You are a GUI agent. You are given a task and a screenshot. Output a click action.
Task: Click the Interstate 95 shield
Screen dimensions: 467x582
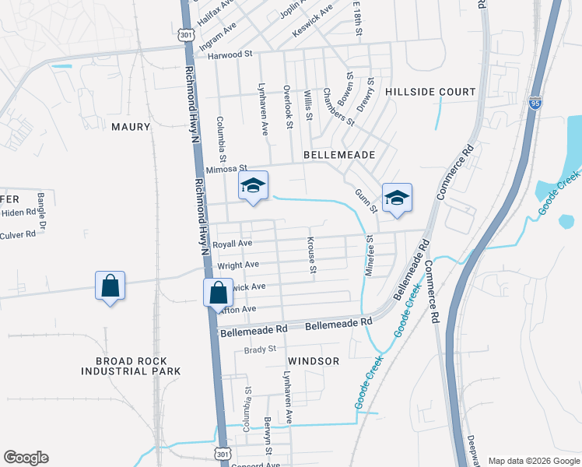(x=535, y=102)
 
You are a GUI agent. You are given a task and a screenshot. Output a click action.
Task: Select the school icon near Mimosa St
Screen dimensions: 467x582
(x=253, y=187)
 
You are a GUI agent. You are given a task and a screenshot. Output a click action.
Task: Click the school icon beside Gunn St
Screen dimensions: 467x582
(x=396, y=198)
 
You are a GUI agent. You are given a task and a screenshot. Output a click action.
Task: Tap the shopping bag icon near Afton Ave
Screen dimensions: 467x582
(x=219, y=294)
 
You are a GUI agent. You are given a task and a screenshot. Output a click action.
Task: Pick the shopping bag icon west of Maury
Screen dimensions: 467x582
(x=110, y=286)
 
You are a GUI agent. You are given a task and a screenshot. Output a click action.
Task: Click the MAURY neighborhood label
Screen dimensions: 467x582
(x=130, y=126)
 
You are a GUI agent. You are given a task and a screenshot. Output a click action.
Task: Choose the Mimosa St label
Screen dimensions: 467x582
(x=226, y=168)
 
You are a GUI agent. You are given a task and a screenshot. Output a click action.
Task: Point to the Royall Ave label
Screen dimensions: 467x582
(x=233, y=244)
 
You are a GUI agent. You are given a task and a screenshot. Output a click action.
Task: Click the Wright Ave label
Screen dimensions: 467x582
(x=238, y=265)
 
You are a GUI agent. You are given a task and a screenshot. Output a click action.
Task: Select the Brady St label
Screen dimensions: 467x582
(x=261, y=349)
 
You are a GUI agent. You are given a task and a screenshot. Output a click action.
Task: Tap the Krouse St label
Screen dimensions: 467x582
(x=313, y=255)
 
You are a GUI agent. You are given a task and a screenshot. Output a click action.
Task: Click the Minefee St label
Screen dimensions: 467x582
(x=370, y=255)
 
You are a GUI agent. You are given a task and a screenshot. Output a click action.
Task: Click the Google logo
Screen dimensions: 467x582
(x=26, y=458)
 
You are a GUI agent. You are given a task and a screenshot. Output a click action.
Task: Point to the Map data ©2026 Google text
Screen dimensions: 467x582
(x=534, y=461)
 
